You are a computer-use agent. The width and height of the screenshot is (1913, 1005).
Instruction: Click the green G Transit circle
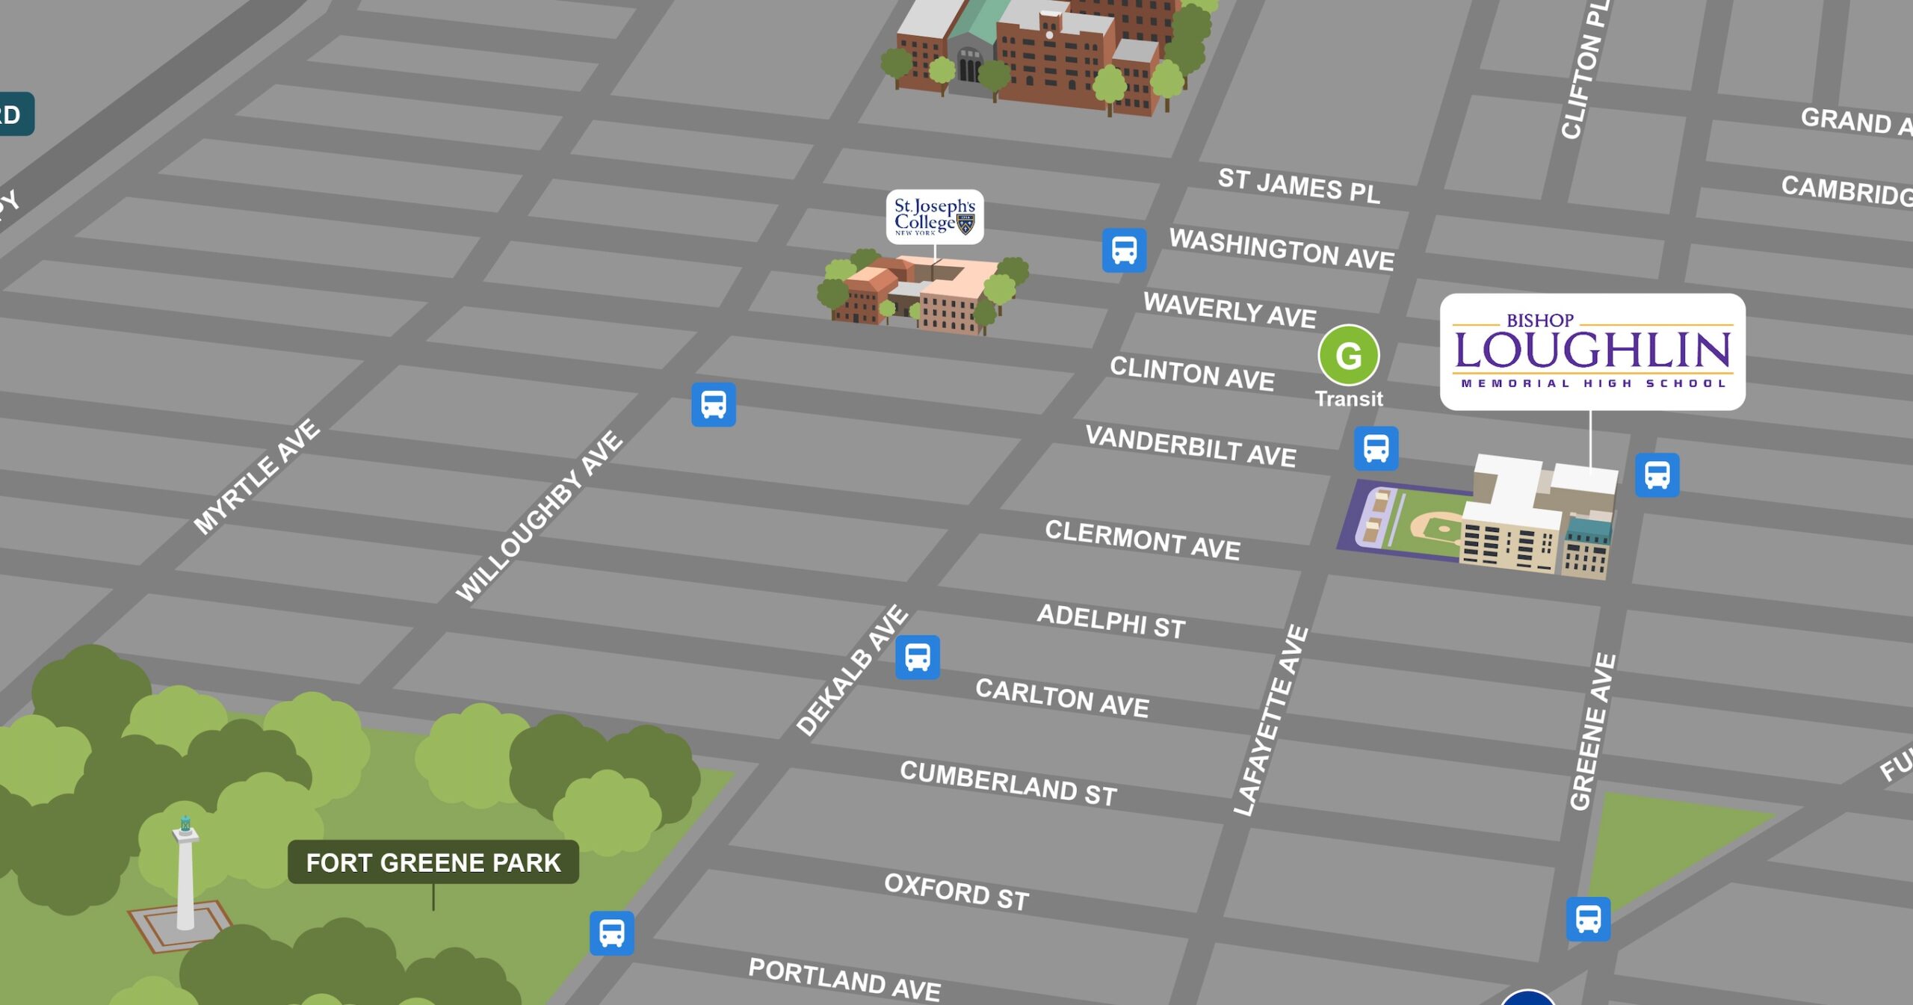tap(1348, 356)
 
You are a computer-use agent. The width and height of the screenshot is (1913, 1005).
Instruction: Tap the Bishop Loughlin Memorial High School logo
tap(1592, 351)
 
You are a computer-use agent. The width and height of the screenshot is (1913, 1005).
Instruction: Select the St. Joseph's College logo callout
tap(934, 217)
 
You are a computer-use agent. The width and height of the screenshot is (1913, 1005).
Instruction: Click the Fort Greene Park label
tap(433, 862)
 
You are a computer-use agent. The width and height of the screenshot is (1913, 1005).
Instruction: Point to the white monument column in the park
tap(185, 878)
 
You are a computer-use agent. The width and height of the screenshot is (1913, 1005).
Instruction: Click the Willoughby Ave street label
tap(540, 516)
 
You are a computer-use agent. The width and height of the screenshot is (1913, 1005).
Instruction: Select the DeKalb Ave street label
tap(852, 670)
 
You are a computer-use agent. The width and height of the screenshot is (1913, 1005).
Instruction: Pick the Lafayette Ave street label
tap(1270, 720)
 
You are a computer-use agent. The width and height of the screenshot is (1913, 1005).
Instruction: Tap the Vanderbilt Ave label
tap(1190, 446)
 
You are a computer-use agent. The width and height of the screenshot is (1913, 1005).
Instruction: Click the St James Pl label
tap(1298, 185)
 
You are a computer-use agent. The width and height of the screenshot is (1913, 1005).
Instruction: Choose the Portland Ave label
tap(844, 979)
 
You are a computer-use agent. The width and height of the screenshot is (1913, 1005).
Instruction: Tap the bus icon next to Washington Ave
tap(1124, 250)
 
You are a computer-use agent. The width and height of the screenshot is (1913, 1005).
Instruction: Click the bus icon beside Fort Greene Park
tap(611, 933)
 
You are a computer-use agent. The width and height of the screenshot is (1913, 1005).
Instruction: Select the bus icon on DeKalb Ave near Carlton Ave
tap(918, 658)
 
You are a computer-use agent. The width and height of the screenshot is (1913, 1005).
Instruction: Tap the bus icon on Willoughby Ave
tap(713, 405)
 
